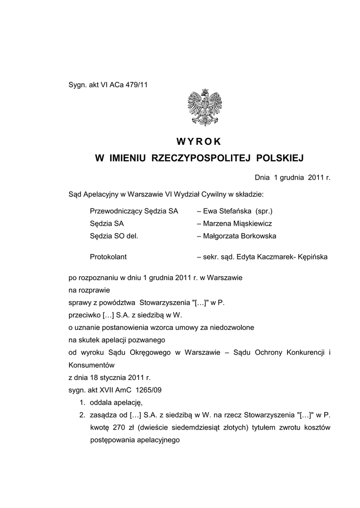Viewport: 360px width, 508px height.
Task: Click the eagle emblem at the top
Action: point(204,107)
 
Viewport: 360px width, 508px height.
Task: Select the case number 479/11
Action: point(138,85)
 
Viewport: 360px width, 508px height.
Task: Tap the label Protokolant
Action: point(108,257)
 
